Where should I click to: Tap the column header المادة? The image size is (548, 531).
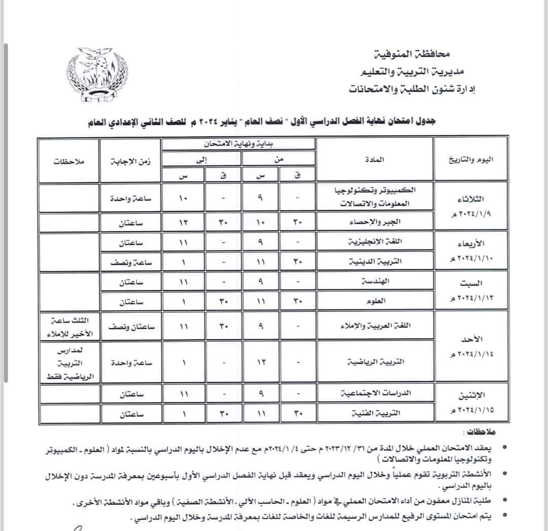[x=374, y=159]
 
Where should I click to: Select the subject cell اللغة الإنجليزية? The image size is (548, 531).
[x=374, y=242]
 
